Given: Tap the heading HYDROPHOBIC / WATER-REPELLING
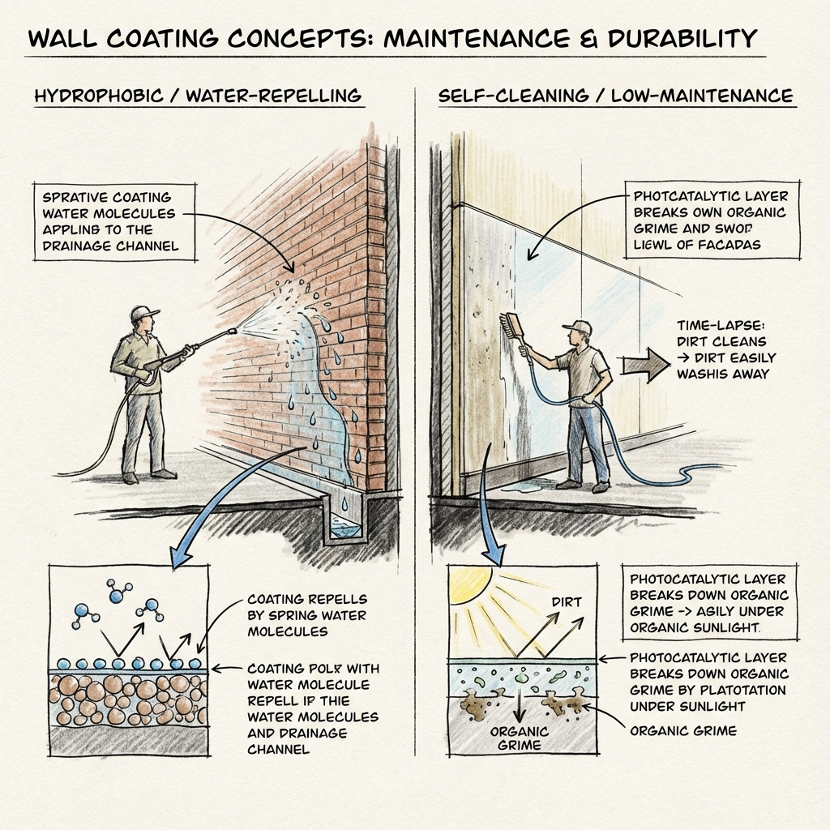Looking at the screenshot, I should tap(198, 96).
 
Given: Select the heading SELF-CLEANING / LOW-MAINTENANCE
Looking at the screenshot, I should tap(616, 96).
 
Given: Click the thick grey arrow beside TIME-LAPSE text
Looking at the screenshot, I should tap(641, 363).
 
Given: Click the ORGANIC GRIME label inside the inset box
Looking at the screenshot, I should tap(519, 737).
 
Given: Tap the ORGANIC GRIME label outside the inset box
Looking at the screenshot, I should tap(683, 730).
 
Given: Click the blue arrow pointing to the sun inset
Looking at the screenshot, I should tap(487, 519).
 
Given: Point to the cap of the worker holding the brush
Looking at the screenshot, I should tap(577, 326).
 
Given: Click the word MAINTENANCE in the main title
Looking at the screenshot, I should tap(511, 37).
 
